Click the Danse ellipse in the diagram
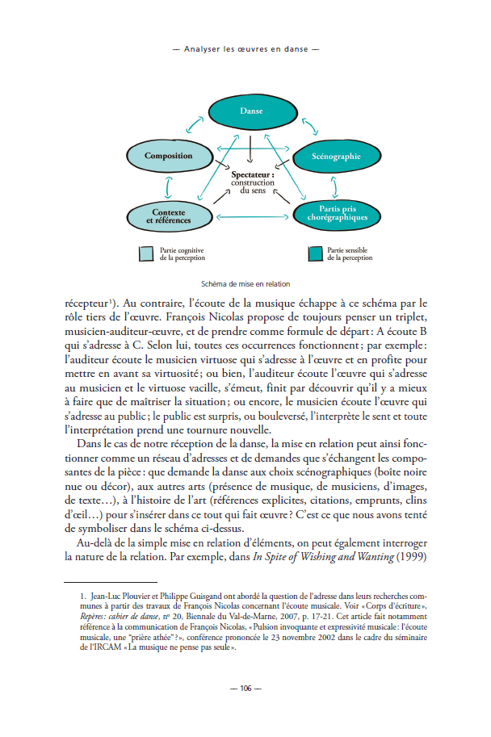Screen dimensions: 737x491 click(251, 111)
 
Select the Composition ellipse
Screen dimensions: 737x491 click(168, 156)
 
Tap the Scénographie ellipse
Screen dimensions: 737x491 click(335, 156)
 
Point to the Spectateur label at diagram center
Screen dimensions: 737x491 click(252, 174)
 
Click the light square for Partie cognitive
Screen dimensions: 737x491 click(145, 253)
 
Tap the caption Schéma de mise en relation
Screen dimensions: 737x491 click(245, 284)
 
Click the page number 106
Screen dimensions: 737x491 click(245, 689)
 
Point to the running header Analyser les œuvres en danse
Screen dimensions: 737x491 click(245, 48)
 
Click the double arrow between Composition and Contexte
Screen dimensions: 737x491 click(168, 186)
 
